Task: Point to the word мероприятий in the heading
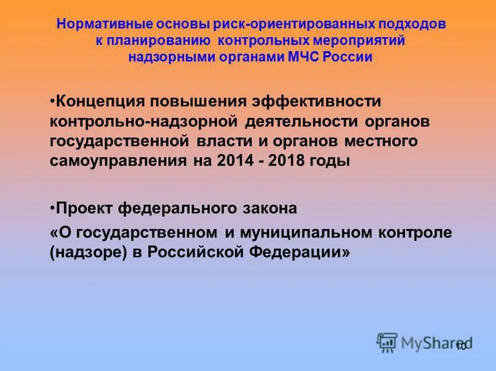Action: coord(366,41)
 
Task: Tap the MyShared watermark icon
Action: coord(387,342)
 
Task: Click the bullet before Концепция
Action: coord(52,101)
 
